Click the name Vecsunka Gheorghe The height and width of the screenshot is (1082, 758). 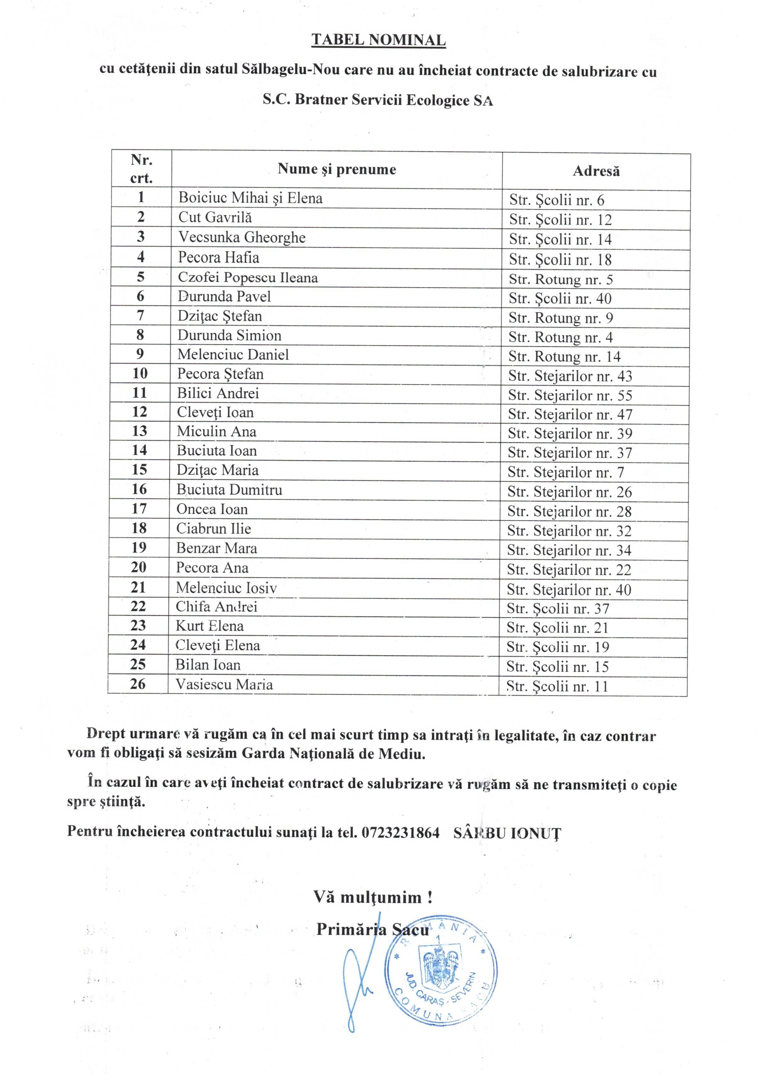[242, 237]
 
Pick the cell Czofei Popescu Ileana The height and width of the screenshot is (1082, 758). [248, 278]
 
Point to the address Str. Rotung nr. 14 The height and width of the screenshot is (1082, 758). [564, 357]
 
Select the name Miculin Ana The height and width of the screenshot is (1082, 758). [217, 432]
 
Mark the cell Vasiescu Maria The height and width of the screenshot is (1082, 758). [224, 684]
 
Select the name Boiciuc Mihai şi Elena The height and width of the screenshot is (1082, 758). [250, 198]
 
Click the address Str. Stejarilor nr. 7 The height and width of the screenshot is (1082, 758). [565, 473]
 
